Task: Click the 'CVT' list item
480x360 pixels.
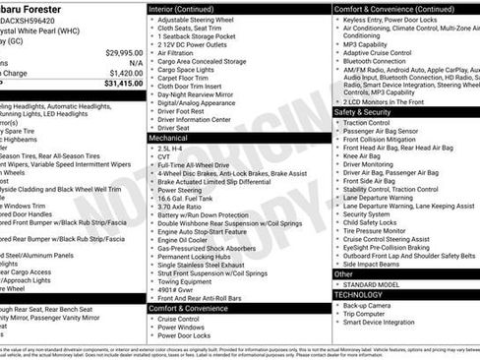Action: point(164,158)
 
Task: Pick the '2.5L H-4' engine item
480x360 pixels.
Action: point(173,149)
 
